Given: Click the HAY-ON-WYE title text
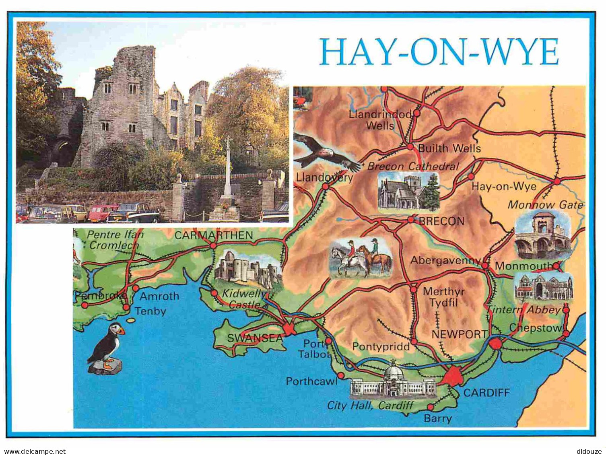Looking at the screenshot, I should pyautogui.click(x=439, y=52).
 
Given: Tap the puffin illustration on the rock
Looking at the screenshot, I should pyautogui.click(x=107, y=349).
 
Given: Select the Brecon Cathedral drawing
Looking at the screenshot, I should pyautogui.click(x=408, y=192).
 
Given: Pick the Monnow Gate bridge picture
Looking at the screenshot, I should pyautogui.click(x=543, y=235).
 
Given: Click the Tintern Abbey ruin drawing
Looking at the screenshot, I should pyautogui.click(x=543, y=287).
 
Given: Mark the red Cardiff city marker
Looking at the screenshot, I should pyautogui.click(x=453, y=376).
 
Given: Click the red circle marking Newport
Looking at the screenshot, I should pyautogui.click(x=496, y=344).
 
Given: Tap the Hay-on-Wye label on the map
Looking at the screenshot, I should pyautogui.click(x=504, y=186).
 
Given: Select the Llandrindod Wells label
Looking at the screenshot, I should pyautogui.click(x=380, y=120).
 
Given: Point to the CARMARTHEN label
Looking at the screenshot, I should pyautogui.click(x=214, y=235).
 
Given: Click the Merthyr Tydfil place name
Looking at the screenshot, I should pyautogui.click(x=443, y=297).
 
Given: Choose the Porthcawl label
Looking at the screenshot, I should pyautogui.click(x=311, y=381).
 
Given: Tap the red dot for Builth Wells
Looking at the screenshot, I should pyautogui.click(x=410, y=147).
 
